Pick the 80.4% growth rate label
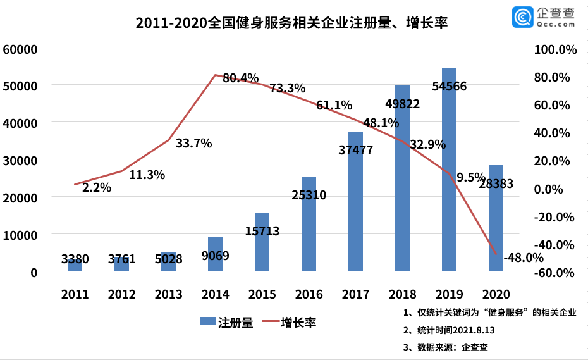(241, 78)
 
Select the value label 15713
(262, 231)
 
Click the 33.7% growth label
(193, 143)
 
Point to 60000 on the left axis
(20, 49)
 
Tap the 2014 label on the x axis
(216, 295)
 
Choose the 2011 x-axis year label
(75, 295)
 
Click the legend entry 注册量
(227, 323)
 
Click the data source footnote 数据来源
(445, 347)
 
